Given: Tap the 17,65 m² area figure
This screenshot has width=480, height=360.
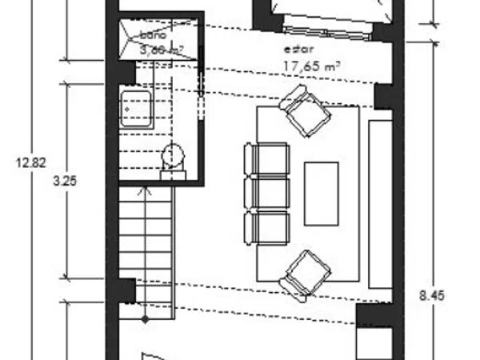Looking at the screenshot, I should click(x=309, y=67).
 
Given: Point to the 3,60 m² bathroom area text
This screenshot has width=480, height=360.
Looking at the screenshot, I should click(x=162, y=50).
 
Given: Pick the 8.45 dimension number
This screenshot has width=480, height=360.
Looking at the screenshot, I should click(x=431, y=295).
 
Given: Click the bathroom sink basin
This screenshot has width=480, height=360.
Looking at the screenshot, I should click(x=133, y=106).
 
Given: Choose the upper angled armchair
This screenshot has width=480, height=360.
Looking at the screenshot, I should click(x=305, y=112).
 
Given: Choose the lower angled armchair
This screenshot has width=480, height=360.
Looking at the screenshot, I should click(x=306, y=275).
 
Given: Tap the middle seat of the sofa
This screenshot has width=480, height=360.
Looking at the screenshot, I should click(x=266, y=193).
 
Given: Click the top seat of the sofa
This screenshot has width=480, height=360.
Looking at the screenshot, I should click(x=266, y=158).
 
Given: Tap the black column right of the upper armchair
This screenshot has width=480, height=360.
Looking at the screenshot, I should click(x=384, y=96).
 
